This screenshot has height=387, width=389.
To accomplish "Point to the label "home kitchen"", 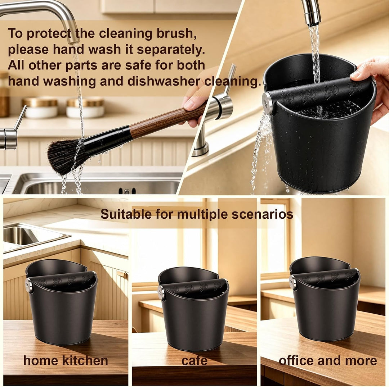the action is tap(66, 360).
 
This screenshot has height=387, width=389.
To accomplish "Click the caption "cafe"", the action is tap(194, 361).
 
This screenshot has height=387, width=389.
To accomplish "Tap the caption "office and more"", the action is tap(328, 360).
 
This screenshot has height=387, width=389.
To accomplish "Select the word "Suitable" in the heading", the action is tap(126, 214).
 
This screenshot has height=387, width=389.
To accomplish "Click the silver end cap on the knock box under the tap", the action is tap(267, 103).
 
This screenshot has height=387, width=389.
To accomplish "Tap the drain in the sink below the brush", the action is tap(127, 191).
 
